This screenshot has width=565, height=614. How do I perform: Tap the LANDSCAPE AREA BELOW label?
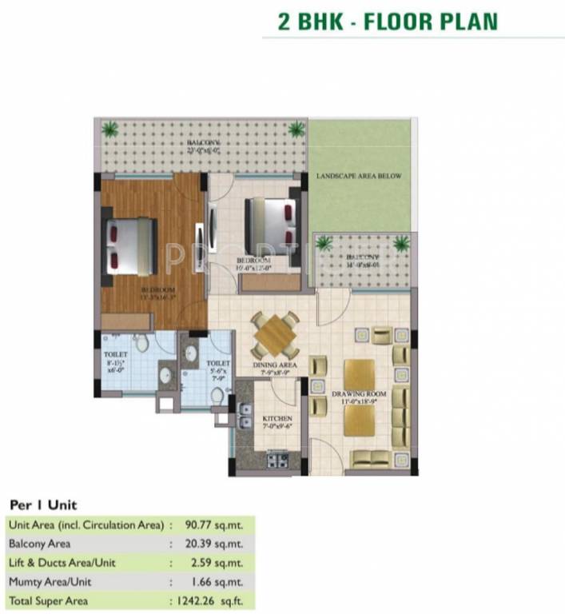[x=358, y=176]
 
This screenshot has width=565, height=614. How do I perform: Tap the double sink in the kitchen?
[x=241, y=415]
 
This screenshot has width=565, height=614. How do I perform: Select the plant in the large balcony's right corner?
[x=296, y=128]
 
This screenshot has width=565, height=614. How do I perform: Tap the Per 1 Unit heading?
[x=43, y=505]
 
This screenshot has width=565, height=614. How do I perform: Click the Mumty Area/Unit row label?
[x=52, y=581]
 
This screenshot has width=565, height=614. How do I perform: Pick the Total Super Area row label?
[x=49, y=600]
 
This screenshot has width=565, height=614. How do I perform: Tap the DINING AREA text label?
[x=276, y=366]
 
